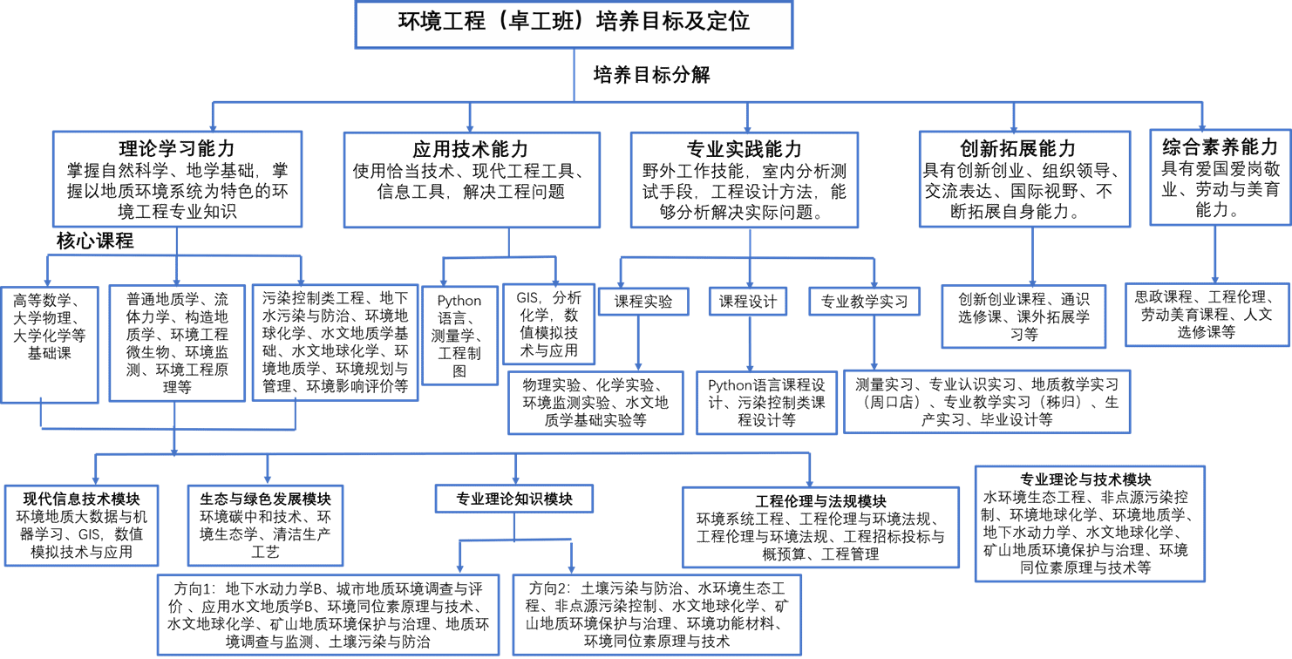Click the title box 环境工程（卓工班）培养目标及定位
pyautogui.click(x=574, y=24)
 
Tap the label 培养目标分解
pyautogui.click(x=652, y=75)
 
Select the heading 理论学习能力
pyautogui.click(x=177, y=148)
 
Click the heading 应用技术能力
pyautogui.click(x=471, y=149)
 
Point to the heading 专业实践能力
pyautogui.click(x=744, y=149)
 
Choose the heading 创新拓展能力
pyautogui.click(x=1018, y=148)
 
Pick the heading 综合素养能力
pyautogui.click(x=1220, y=146)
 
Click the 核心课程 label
pyautogui.click(x=95, y=241)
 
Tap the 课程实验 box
pyautogui.click(x=643, y=302)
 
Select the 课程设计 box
pyautogui.click(x=748, y=302)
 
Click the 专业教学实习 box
pyautogui.click(x=865, y=302)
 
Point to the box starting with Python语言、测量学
pyautogui.click(x=459, y=335)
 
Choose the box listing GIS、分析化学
pyautogui.click(x=548, y=324)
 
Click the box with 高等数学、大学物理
pyautogui.click(x=50, y=344)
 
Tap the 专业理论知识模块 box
pyautogui.click(x=514, y=499)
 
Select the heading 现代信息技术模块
pyautogui.click(x=81, y=499)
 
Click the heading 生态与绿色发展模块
pyautogui.click(x=265, y=499)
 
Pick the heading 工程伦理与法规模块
pyautogui.click(x=820, y=501)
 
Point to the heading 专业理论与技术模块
pyautogui.click(x=1085, y=479)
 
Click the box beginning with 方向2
pyautogui.click(x=657, y=615)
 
